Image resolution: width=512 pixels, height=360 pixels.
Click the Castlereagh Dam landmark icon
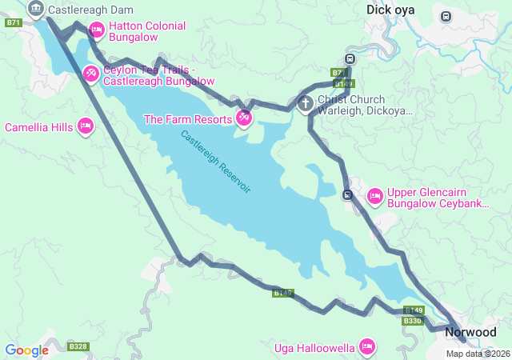(35, 10)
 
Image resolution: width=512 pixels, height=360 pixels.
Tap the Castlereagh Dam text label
(90, 10)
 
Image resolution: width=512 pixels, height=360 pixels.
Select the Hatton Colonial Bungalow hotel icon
(97, 31)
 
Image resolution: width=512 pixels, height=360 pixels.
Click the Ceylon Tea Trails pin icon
(91, 74)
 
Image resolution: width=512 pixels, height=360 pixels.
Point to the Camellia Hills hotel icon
(86, 126)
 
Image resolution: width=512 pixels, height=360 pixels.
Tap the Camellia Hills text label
(38, 127)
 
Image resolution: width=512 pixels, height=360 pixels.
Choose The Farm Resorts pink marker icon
(244, 119)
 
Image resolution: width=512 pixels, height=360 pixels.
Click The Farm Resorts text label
(188, 119)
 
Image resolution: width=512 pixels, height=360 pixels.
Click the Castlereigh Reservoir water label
(216, 162)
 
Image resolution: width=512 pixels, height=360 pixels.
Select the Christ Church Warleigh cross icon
(305, 103)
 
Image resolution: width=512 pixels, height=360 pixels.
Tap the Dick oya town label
(391, 10)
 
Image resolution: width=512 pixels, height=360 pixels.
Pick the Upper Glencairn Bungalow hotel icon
(374, 196)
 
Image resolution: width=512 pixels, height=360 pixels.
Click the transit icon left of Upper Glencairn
(347, 194)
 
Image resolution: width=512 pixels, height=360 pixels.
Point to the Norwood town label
(470, 331)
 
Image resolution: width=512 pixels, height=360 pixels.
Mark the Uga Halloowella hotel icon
(367, 346)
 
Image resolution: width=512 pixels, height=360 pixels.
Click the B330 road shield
(412, 321)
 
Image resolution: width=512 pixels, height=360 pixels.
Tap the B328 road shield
(77, 346)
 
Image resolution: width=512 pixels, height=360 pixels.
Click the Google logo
(26, 350)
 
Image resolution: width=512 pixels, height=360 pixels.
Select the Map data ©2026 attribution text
(478, 354)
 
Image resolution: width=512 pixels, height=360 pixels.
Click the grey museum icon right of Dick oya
(446, 16)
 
